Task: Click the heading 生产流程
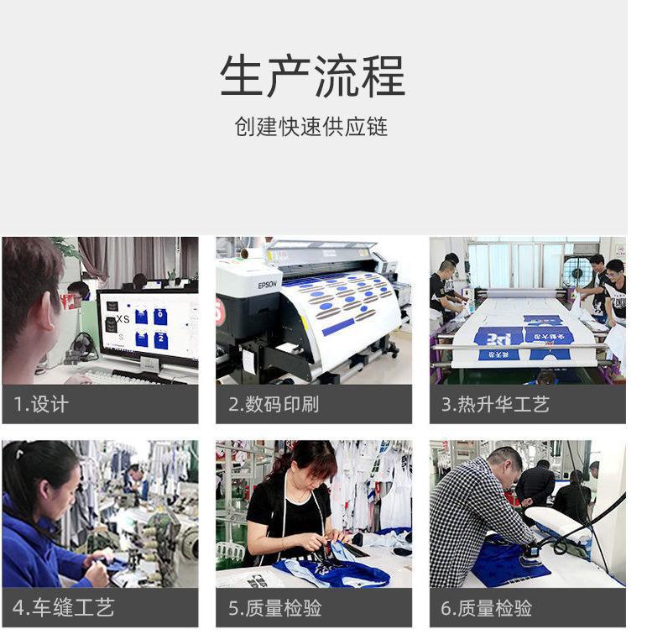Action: click(312, 76)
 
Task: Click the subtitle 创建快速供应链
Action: click(311, 127)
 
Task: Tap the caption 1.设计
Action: click(41, 404)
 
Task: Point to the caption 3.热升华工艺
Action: click(495, 404)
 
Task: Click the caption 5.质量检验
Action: click(274, 607)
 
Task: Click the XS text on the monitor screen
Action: click(123, 319)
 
